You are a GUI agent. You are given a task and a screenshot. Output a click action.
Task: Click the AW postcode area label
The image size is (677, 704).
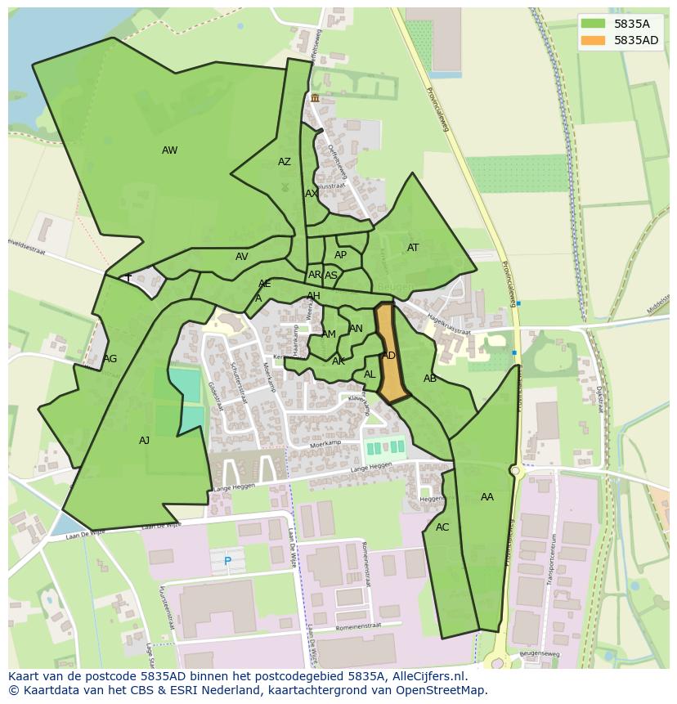pyautogui.click(x=169, y=150)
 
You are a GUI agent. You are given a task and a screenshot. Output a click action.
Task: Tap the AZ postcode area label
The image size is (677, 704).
pyautogui.click(x=284, y=162)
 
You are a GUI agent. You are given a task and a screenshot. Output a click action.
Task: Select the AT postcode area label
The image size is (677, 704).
pyautogui.click(x=413, y=248)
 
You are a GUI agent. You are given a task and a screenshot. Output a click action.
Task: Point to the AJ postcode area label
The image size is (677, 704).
pyautogui.click(x=144, y=441)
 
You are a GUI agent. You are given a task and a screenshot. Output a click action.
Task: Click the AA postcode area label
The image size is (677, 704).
pyautogui.click(x=487, y=497)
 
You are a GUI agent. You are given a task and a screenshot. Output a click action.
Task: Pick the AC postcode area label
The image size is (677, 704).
pyautogui.click(x=442, y=527)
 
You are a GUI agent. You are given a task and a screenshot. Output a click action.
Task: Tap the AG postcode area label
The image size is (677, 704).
pyautogui.click(x=110, y=359)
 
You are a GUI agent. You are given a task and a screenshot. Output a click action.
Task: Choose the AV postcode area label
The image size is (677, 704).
pyautogui.click(x=241, y=257)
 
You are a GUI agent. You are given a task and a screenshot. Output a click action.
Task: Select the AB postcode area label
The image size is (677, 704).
pyautogui.click(x=430, y=379)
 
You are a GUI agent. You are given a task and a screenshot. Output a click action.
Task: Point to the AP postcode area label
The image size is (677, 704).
pyautogui.click(x=340, y=255)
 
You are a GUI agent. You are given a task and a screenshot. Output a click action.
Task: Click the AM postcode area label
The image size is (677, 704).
pyautogui.click(x=329, y=334)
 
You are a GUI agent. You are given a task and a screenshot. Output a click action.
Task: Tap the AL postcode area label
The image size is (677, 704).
pyautogui.click(x=370, y=374)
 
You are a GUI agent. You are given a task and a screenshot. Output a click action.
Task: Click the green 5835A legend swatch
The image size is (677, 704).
pyautogui.click(x=594, y=23)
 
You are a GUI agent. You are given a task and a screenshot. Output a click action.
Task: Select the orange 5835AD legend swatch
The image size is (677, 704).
pyautogui.click(x=594, y=40)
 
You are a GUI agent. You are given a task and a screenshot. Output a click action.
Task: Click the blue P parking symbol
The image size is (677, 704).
pyautogui.click(x=227, y=562)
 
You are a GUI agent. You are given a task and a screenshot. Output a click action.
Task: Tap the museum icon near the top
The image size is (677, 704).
pyautogui.click(x=315, y=97)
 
